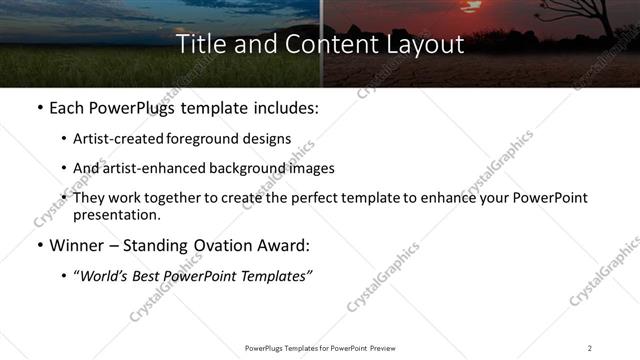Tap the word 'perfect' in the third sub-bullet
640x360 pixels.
coord(329,198)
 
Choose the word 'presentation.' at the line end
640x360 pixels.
coord(117,215)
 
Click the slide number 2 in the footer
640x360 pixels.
coord(590,347)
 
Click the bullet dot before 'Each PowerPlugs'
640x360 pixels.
coord(39,108)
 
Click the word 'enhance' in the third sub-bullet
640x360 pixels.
coord(455,198)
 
